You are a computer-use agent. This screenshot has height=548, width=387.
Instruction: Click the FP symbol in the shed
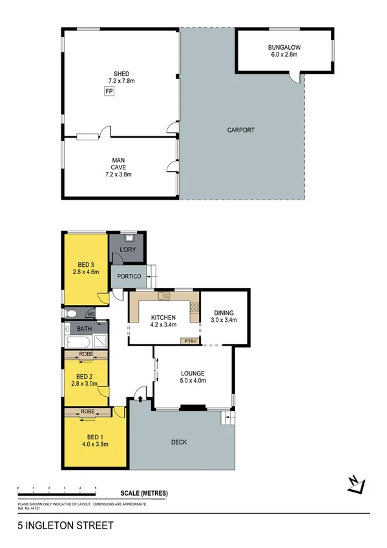(x=109, y=92)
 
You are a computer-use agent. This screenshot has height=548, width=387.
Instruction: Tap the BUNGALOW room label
(x=284, y=47)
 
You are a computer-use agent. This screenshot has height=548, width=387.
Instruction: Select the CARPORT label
(x=240, y=130)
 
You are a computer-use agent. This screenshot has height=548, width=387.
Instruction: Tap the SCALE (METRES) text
(x=143, y=494)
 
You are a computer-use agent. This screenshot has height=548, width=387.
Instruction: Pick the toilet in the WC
(x=72, y=314)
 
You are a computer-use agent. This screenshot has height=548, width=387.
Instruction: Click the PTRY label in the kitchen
(x=190, y=341)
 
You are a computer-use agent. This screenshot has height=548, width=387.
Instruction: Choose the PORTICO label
(x=129, y=277)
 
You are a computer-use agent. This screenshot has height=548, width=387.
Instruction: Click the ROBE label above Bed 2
(x=86, y=354)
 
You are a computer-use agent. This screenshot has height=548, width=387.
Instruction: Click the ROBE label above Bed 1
(x=88, y=412)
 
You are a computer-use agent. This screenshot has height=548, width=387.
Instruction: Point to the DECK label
(x=179, y=443)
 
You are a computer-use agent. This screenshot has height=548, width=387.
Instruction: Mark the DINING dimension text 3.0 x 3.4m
(x=224, y=320)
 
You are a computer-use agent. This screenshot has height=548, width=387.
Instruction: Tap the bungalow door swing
(x=295, y=78)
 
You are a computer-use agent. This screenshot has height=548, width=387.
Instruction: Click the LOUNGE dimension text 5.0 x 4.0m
(x=193, y=381)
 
